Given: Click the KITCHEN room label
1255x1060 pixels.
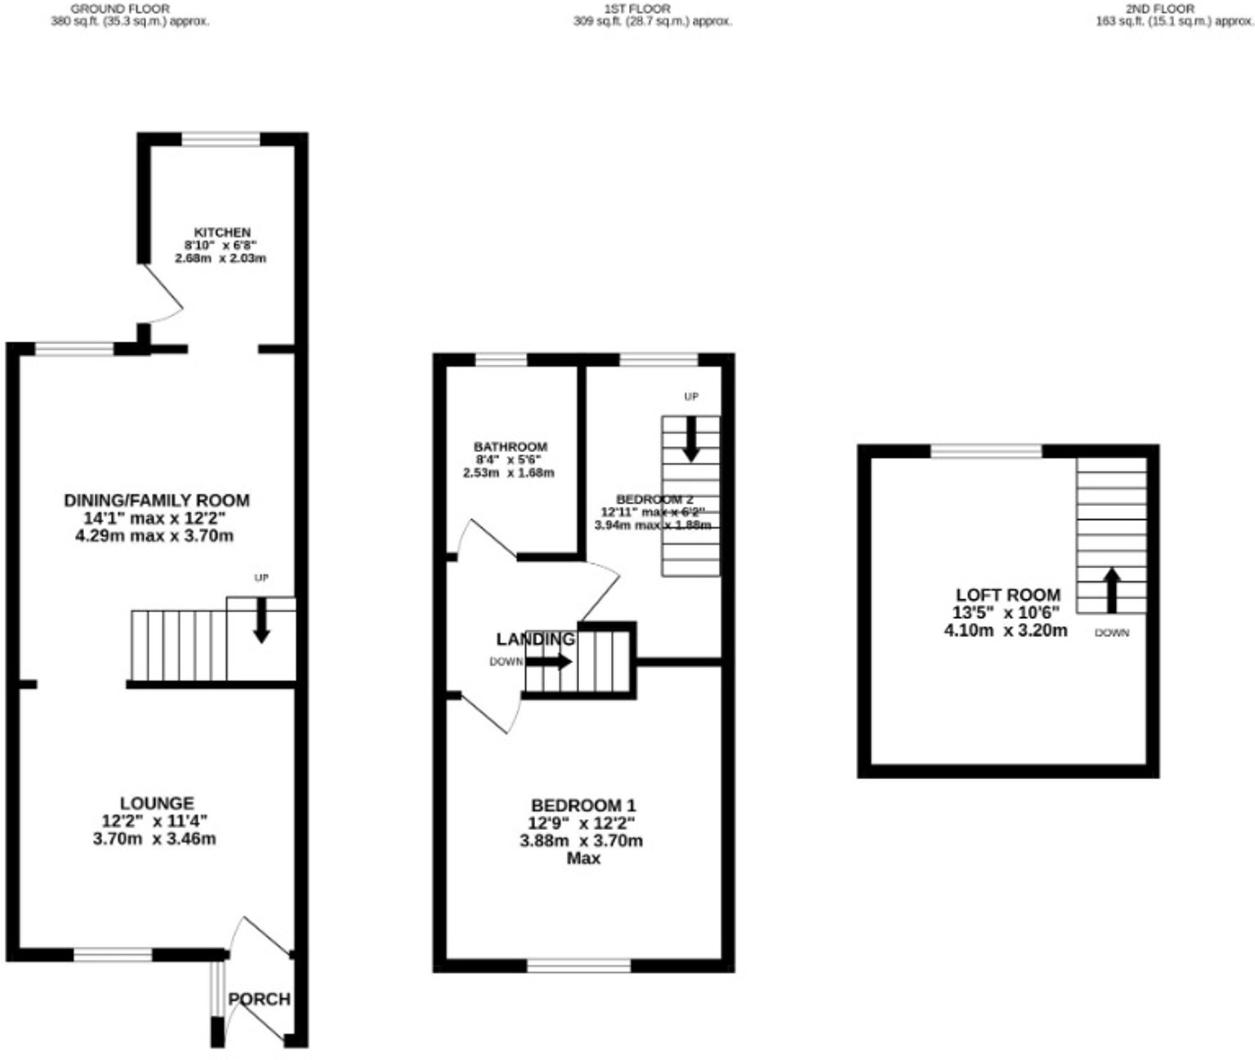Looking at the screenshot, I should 222,232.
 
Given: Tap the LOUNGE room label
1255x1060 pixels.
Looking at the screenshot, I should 157,803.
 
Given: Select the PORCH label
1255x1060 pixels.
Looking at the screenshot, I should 259,999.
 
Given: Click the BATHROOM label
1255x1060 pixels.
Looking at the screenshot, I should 510,447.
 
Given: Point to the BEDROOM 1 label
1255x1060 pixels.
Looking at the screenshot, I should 584,805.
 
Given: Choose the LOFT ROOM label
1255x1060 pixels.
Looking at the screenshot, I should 1008,595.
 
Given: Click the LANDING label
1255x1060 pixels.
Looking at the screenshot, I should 535,639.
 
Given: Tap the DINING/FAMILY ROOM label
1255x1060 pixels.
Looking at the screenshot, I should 157,500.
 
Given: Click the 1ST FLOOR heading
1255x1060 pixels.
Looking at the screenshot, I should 637,9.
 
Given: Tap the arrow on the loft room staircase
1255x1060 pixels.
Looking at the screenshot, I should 1112,590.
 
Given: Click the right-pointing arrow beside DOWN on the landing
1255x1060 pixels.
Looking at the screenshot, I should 548,662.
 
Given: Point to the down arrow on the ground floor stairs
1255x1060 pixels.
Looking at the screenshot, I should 261,620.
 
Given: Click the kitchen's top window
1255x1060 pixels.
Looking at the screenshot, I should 221,139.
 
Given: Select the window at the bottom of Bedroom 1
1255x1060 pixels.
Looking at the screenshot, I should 579,966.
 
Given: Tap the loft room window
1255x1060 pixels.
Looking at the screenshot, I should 986,450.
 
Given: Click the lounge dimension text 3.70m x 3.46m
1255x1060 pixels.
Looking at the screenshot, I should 154,839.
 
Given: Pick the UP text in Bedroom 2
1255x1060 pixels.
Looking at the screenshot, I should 691,397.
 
